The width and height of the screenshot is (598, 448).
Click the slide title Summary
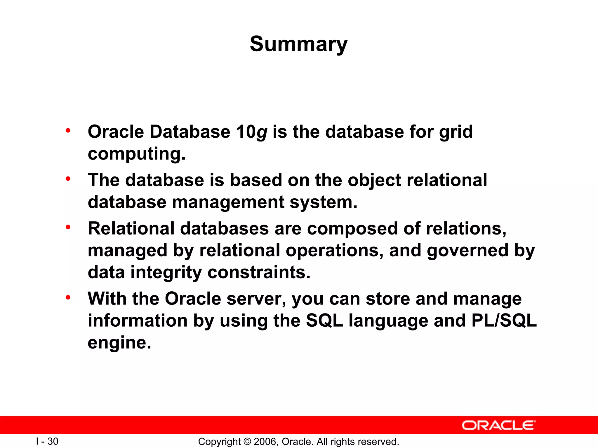pos(298,44)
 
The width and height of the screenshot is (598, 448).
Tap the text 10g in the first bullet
pos(251,132)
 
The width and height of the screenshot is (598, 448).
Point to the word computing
pos(136,154)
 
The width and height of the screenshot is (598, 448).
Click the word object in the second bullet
pos(374,180)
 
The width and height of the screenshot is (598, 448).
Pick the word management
pos(228,202)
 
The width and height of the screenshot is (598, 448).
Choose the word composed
pos(352,228)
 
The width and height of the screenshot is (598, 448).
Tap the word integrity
pos(166,272)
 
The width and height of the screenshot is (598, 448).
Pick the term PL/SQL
pos(504,321)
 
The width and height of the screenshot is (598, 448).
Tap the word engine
pos(119,343)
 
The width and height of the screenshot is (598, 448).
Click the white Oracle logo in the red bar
pos(498,425)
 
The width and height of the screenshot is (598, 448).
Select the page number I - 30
pos(47,441)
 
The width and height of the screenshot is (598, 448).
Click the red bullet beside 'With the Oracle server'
pos(68,297)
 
